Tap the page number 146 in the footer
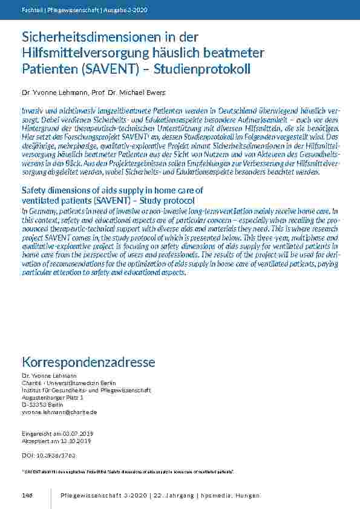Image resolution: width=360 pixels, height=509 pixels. click(27, 496)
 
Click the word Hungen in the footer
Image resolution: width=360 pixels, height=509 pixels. click(247, 496)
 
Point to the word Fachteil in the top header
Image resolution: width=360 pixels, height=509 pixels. click(31, 10)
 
